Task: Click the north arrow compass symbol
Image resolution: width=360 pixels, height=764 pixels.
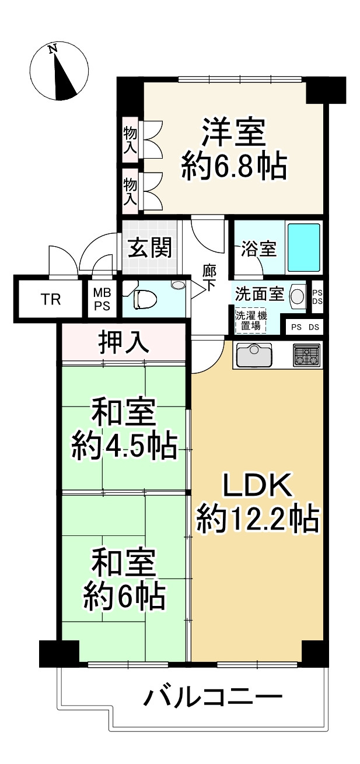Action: (x=60, y=71)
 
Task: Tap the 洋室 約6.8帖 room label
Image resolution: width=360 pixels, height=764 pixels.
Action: (x=233, y=150)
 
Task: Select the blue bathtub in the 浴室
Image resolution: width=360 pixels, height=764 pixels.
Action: (x=303, y=247)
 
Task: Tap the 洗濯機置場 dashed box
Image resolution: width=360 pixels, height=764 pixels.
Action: (x=250, y=321)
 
